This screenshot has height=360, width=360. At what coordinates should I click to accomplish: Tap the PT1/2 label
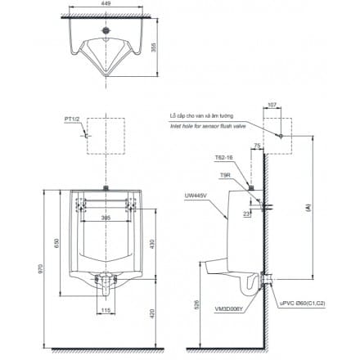coord(73,120)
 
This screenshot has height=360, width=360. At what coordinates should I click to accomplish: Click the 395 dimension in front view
coord(106,218)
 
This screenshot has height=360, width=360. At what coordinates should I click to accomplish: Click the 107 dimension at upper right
coord(272,105)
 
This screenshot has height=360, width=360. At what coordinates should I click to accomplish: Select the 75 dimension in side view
coord(256,145)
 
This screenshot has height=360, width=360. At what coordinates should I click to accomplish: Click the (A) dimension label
coord(307,208)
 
